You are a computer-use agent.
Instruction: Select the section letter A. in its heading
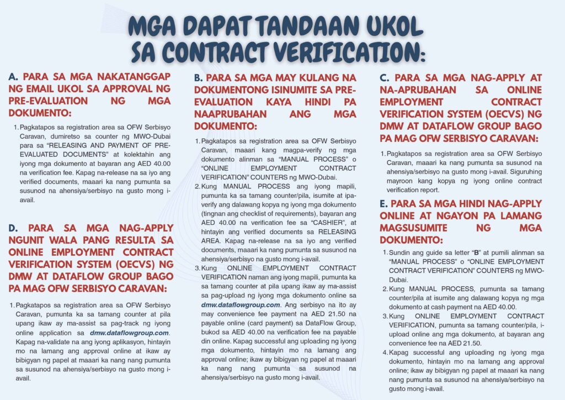pyautogui.click(x=14, y=77)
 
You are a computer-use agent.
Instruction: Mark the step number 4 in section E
pyautogui.click(x=383, y=352)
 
